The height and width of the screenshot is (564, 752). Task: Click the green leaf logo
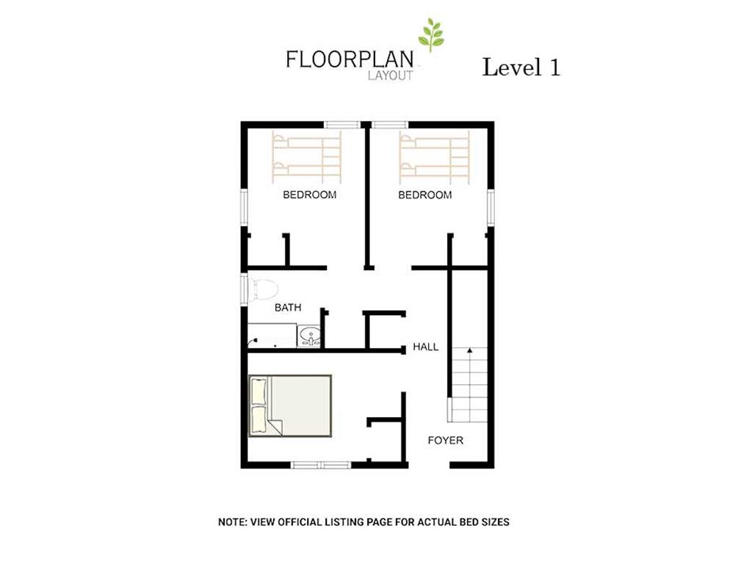point(430,35)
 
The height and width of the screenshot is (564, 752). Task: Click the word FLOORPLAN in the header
point(350,59)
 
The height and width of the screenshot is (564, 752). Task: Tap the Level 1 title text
point(521,67)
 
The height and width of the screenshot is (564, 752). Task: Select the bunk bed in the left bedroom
point(306,157)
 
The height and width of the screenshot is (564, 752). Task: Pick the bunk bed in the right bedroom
point(434,157)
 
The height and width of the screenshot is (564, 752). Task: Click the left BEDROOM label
point(309,195)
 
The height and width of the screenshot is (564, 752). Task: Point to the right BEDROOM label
point(425,195)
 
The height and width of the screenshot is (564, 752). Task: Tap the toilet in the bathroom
point(263,289)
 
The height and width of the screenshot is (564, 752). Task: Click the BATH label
point(288,308)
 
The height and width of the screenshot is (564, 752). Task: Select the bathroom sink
point(309,335)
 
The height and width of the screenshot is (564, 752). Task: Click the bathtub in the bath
point(272,335)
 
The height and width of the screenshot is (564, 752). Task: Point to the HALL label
point(425,347)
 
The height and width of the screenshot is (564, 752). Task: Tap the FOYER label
point(446,441)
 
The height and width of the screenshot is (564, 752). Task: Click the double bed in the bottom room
point(289,405)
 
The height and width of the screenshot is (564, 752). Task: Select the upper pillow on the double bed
point(258,391)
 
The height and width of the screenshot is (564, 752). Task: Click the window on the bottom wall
point(321,464)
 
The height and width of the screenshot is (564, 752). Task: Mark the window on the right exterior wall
point(490,207)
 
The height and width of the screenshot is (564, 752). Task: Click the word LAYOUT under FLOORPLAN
point(391,76)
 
